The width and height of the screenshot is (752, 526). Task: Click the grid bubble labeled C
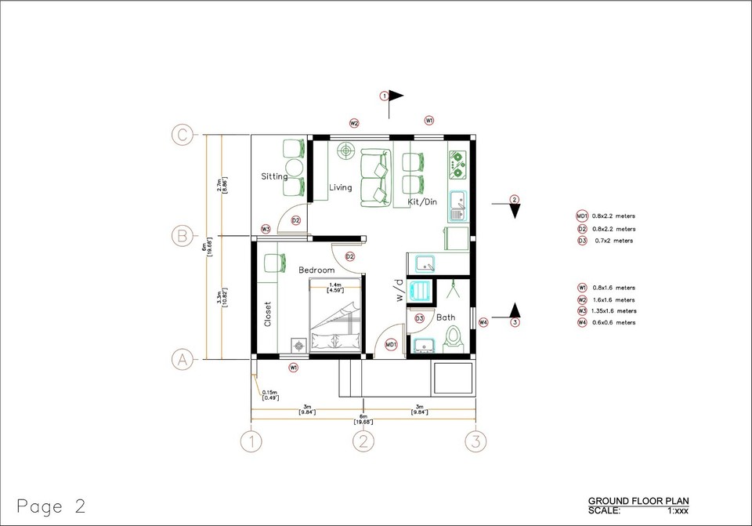[x=182, y=135]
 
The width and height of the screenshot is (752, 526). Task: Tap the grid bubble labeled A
[x=182, y=359]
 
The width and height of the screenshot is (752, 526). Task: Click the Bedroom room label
[x=316, y=270]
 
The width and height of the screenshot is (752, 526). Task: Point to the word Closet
[x=267, y=314]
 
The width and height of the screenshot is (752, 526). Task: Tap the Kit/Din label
[x=422, y=202]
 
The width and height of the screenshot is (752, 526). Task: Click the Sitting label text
[x=274, y=176]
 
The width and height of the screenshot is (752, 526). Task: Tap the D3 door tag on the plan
[x=419, y=318]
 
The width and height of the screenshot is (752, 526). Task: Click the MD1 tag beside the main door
[x=391, y=343]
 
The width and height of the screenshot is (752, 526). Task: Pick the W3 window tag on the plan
[x=266, y=229]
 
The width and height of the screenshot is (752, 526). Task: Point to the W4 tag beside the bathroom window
[x=483, y=322]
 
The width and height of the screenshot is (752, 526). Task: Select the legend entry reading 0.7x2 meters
[x=614, y=241]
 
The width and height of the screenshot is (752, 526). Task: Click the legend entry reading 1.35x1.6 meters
[x=615, y=311]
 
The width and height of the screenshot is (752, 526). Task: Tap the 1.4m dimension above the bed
[x=334, y=285]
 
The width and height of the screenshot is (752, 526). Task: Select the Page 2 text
[x=50, y=506]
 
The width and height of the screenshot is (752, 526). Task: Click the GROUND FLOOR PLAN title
[x=638, y=500]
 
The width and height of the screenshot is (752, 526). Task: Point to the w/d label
[x=399, y=292]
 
